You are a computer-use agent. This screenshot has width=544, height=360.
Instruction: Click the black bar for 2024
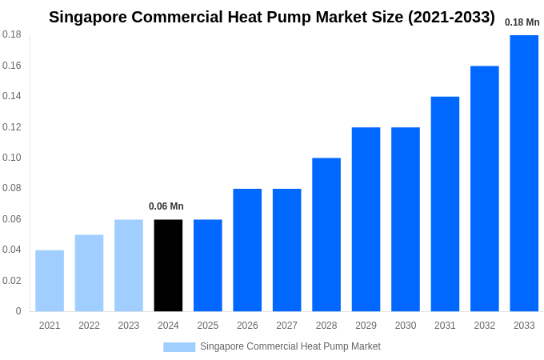tap(168, 265)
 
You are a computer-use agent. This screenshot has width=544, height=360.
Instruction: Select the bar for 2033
tap(524, 173)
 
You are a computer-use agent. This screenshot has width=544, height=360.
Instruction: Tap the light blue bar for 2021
tap(50, 281)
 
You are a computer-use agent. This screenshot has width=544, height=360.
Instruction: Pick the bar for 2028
tap(326, 234)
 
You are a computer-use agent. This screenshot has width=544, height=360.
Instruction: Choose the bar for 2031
tap(445, 204)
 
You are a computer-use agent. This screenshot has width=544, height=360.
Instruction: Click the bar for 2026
tap(247, 250)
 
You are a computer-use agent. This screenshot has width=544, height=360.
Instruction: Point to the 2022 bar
tap(89, 273)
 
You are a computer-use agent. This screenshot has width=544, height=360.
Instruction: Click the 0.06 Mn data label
tap(166, 206)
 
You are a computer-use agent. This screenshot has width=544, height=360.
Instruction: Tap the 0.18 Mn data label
tap(522, 22)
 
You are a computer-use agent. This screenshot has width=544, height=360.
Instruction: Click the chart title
tap(272, 17)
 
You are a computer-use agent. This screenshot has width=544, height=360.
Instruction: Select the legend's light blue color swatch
tap(179, 346)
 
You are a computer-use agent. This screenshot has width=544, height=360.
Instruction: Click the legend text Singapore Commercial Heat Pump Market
tap(290, 346)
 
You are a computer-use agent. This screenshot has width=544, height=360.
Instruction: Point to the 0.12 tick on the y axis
tap(11, 127)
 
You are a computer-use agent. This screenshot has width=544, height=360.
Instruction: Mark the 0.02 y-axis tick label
tap(11, 281)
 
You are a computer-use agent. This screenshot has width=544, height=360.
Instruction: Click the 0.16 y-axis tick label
tap(11, 66)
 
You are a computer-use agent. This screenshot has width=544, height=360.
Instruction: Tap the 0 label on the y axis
tap(18, 311)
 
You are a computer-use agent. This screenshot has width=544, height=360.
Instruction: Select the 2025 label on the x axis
tap(208, 326)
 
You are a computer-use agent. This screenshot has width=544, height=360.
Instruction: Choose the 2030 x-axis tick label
tap(406, 326)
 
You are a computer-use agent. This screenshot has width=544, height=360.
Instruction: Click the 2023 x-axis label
tap(129, 326)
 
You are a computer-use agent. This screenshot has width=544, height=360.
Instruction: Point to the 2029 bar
tap(366, 219)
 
